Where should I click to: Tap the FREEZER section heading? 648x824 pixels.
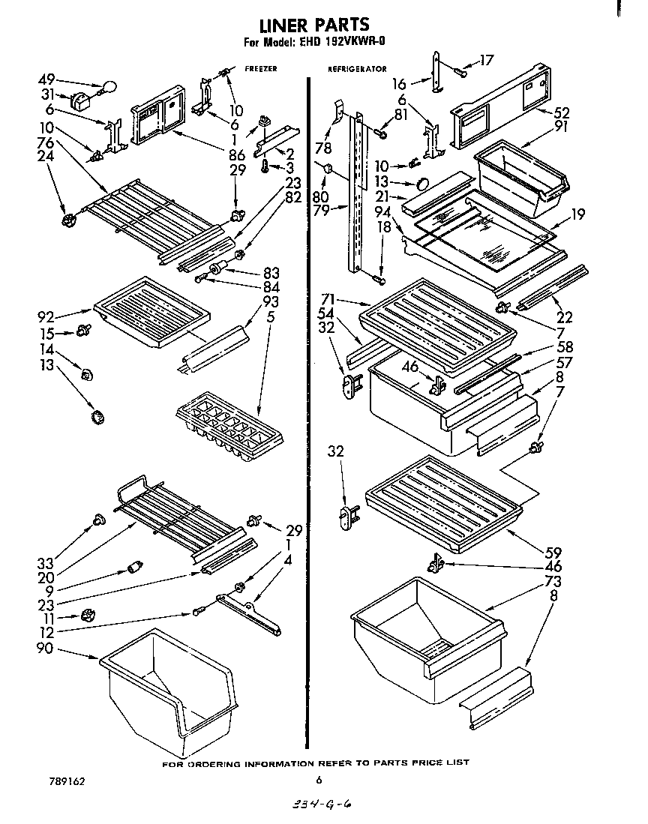point(261,68)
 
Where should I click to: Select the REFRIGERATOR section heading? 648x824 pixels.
point(357,69)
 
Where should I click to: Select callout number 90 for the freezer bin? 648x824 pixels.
point(45,648)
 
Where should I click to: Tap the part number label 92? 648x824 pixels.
point(46,315)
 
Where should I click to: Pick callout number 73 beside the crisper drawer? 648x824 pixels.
point(553,581)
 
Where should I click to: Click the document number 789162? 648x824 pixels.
point(65,781)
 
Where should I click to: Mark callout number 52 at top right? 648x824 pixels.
point(562,113)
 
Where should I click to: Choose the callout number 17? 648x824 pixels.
point(487,61)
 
